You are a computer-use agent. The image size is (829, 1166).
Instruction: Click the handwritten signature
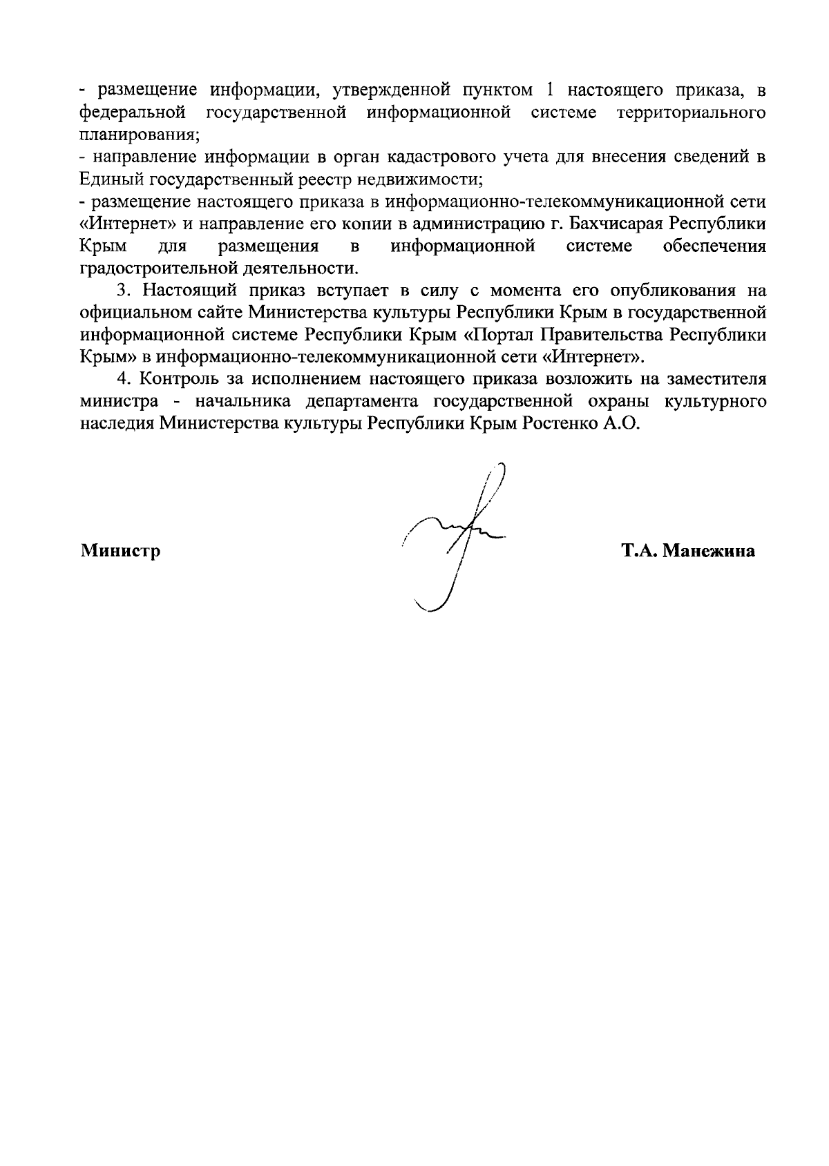(x=452, y=538)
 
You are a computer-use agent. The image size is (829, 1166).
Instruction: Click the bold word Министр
(x=120, y=551)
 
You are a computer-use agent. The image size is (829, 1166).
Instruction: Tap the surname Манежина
(x=708, y=551)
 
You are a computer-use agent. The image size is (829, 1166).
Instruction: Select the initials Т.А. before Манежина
(x=639, y=551)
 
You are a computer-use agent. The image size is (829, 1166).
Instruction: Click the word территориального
(x=691, y=112)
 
